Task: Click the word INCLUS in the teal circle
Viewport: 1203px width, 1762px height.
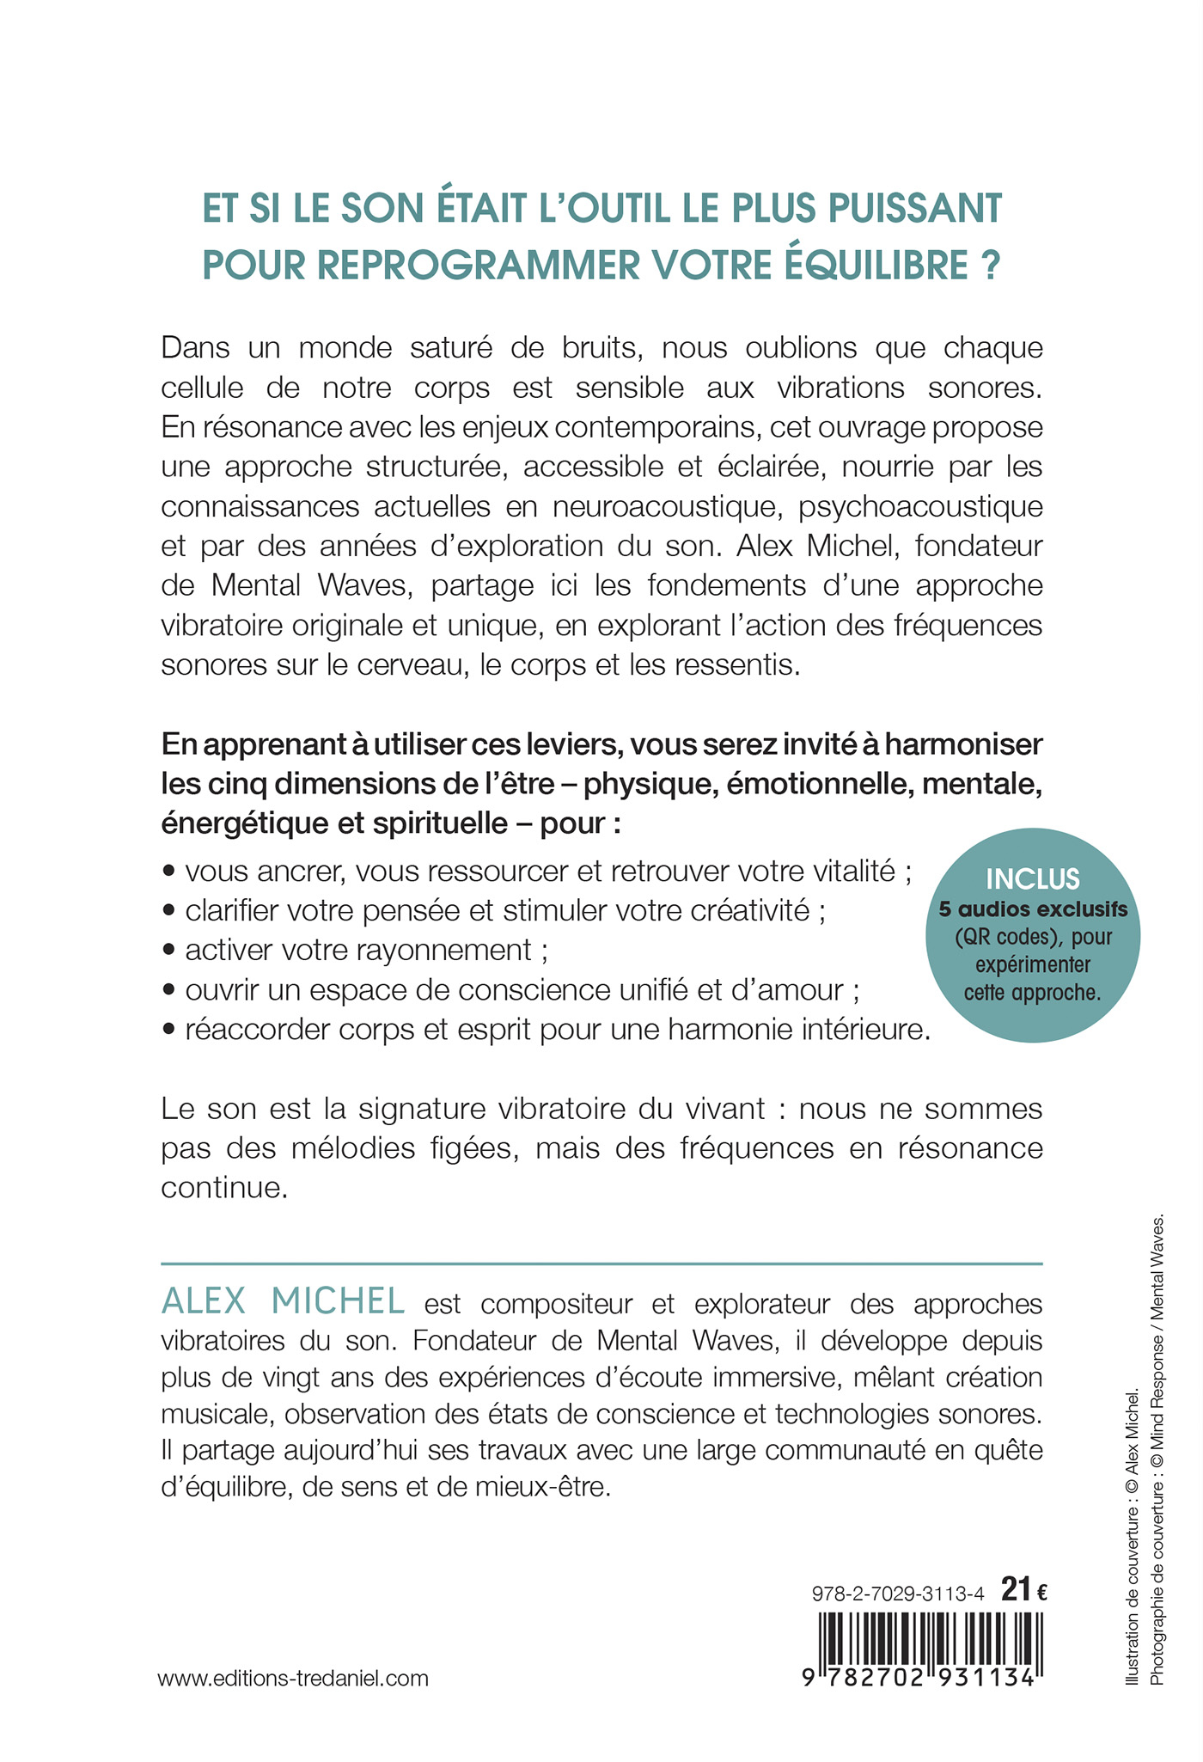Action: pos(1032,878)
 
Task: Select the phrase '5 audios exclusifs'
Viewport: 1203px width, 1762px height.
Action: pos(1032,909)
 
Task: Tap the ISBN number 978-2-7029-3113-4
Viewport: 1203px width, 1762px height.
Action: pos(897,1593)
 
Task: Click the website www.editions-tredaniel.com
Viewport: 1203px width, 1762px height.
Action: pos(293,1678)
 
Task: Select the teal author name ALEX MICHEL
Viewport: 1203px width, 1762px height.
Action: pos(283,1301)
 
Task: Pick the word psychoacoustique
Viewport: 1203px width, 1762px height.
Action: pos(920,506)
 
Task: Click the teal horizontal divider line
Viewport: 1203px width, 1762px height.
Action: pos(601,1263)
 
